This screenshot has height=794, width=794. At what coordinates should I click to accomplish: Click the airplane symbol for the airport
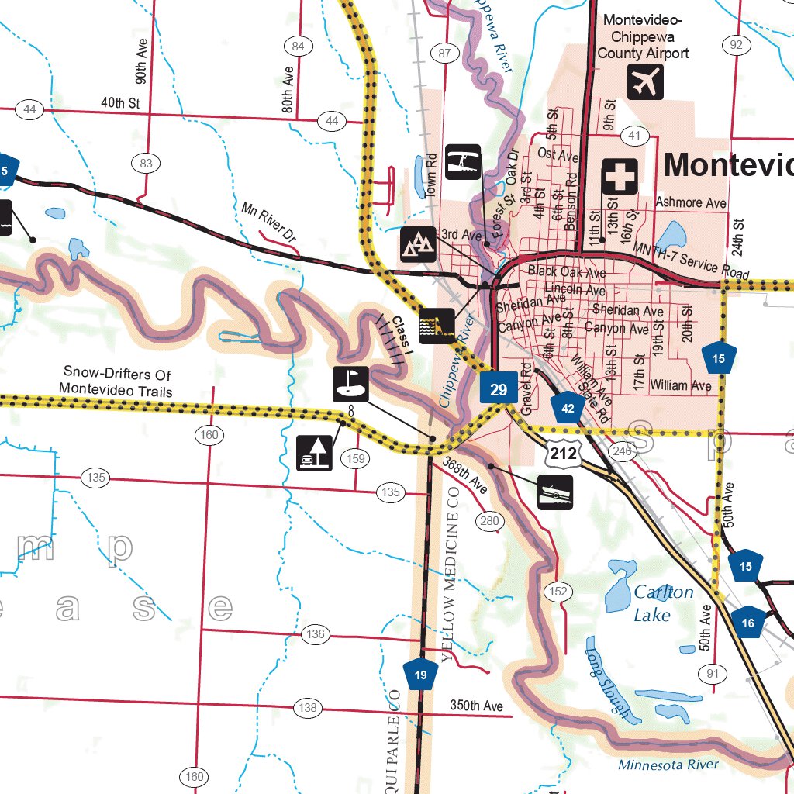pos(645,81)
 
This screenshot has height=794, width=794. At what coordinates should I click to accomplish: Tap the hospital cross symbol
pos(620,177)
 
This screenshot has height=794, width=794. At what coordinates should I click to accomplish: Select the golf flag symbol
pos(350,384)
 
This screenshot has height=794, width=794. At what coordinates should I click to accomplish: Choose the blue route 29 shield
pos(498,389)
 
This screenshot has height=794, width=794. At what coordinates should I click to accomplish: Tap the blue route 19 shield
pos(420,674)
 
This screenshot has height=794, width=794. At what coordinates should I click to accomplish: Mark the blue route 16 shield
pos(747,622)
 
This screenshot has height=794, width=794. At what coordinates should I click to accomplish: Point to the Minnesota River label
pos(668,765)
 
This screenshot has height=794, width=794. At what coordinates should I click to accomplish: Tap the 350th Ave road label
pos(476,706)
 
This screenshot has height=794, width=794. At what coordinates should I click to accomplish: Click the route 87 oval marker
pos(444,54)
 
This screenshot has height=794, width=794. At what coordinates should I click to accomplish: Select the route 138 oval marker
pos(308,708)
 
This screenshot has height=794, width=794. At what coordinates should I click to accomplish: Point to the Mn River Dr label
pos(269,221)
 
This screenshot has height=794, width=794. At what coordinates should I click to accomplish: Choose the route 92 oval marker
pos(736,44)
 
